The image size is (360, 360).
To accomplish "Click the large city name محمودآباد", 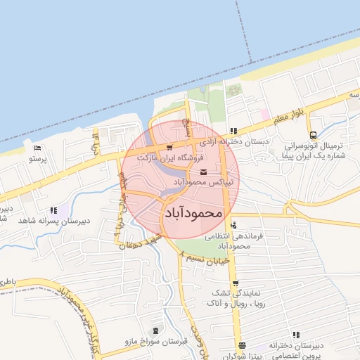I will coord(193,212).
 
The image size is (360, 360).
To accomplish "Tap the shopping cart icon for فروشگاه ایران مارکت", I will coord(171,148).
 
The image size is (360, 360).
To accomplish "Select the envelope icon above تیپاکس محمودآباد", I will coord(203,172).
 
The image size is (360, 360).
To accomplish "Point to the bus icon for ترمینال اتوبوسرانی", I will coord(312,136).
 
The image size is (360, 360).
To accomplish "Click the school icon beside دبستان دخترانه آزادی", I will coord(233,131).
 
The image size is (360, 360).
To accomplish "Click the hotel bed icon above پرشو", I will coord(37,148).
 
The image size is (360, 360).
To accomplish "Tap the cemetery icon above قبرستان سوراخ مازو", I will coord(155,330).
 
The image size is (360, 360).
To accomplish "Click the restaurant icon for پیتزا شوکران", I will coord(243,345).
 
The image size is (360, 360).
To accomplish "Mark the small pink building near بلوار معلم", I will coord(264,113).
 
